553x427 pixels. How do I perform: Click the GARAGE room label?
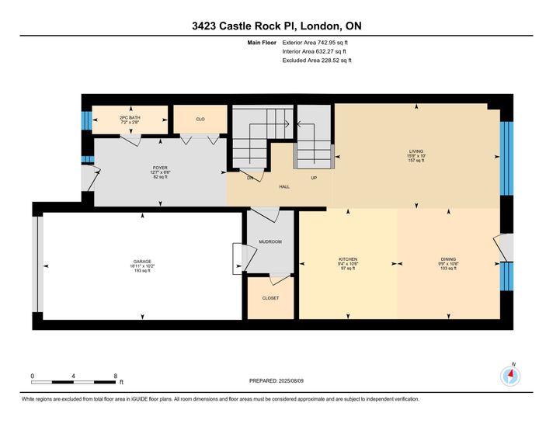coord(142,262)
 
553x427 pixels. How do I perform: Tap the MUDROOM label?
coord(270,242)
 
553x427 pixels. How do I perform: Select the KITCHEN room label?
coord(348,259)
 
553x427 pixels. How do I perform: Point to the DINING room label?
coord(448,259)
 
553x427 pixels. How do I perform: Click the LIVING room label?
coord(416,151)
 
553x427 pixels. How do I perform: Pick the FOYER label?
coord(160,168)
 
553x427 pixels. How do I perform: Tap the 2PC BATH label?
coord(130,118)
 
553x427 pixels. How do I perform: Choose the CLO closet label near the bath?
coord(200,120)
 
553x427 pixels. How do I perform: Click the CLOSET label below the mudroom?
coord(270,298)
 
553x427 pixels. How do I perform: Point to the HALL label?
coord(284,186)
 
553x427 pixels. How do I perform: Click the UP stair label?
coord(314,178)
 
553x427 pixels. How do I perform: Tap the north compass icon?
coord(510,377)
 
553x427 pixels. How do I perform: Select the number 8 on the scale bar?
coord(115,377)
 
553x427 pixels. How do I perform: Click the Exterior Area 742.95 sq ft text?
coord(315,43)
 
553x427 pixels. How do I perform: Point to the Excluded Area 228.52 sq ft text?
coord(317,61)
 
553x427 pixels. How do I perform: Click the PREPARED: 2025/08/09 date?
coord(276,381)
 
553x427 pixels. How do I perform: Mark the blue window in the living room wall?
coord(507,158)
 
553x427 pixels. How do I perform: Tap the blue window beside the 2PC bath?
coord(87,120)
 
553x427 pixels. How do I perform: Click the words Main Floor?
coord(262,43)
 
